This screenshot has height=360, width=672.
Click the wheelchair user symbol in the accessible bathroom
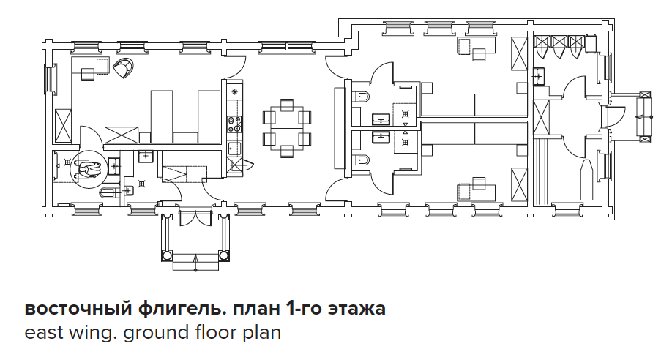(x=89, y=170)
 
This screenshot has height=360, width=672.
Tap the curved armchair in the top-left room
(x=124, y=68)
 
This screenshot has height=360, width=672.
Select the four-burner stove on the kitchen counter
(x=235, y=124)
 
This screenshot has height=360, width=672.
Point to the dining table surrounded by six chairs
(x=287, y=128)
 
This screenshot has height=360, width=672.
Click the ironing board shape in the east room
(x=587, y=179)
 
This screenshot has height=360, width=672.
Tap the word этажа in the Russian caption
(x=356, y=309)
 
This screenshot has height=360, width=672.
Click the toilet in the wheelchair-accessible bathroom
(x=108, y=192)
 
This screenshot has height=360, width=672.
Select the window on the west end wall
(x=51, y=79)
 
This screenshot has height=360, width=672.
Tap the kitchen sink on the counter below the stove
(x=234, y=149)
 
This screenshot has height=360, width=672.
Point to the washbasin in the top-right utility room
(x=540, y=77)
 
